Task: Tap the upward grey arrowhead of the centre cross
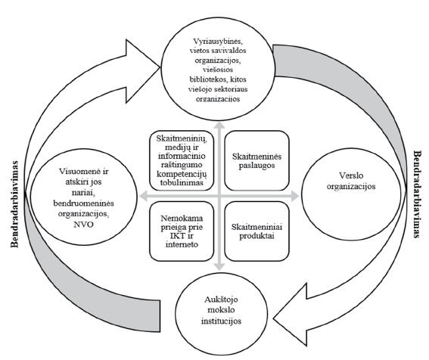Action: click(219, 124)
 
